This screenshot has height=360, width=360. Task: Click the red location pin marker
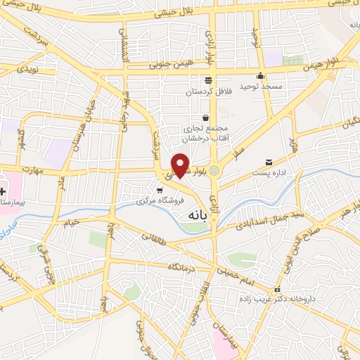point(181,165)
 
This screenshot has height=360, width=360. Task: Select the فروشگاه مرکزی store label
point(161,200)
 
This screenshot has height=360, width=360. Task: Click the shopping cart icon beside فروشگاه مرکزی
point(160,190)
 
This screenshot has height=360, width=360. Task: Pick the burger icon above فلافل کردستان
point(207,80)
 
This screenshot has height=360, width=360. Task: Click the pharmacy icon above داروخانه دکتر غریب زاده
point(277,289)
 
